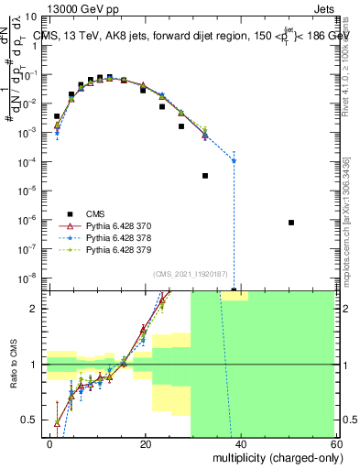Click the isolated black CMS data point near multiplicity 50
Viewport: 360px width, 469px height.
[x=290, y=223]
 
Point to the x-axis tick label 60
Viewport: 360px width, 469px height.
[x=333, y=444]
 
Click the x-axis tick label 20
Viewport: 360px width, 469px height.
[x=146, y=444]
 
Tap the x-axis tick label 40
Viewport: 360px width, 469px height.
[x=239, y=444]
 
